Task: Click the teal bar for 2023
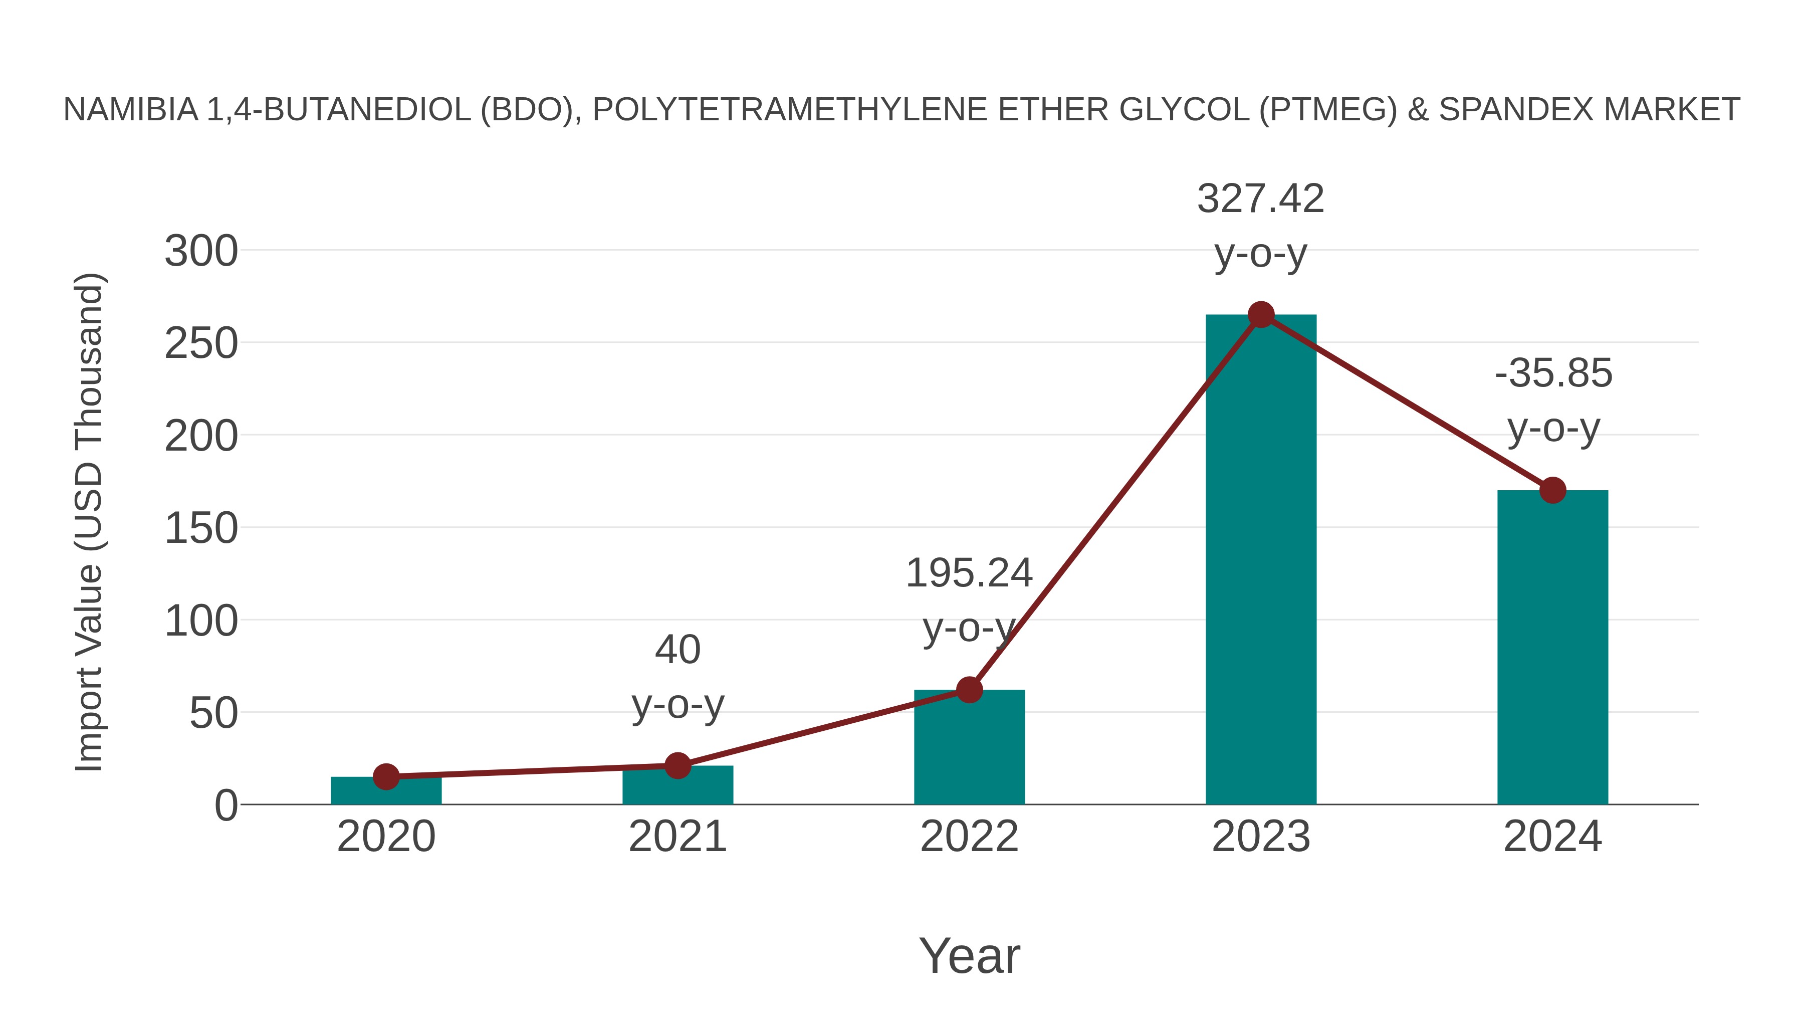pyautogui.click(x=1261, y=560)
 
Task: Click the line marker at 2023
pyautogui.click(x=1261, y=315)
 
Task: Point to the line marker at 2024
pyautogui.click(x=1552, y=490)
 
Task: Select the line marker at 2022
pyautogui.click(x=969, y=690)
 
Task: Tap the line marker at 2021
pyautogui.click(x=677, y=765)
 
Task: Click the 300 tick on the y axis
pyautogui.click(x=201, y=252)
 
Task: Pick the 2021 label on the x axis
pyautogui.click(x=677, y=837)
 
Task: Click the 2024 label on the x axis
pyautogui.click(x=1552, y=837)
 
